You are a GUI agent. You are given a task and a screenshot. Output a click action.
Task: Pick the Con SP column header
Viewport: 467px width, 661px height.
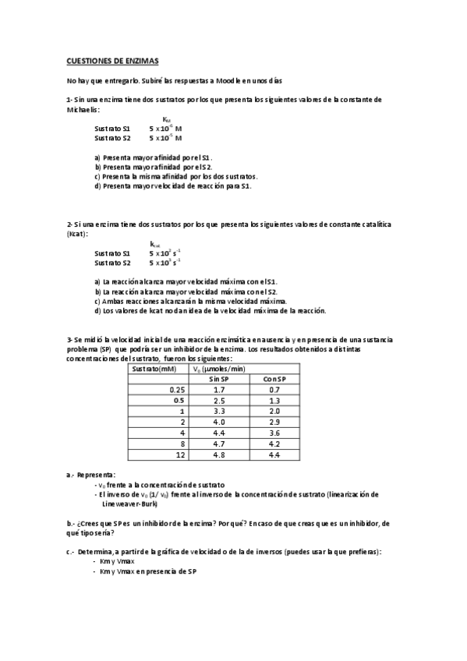coord(274,379)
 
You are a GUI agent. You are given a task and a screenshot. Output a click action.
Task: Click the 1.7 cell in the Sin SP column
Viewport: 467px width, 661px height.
coord(219,389)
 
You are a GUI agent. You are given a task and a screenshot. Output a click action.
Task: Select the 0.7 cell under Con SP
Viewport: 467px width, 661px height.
coord(274,389)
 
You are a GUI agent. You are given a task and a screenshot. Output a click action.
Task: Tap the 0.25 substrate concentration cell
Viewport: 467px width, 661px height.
coord(177,389)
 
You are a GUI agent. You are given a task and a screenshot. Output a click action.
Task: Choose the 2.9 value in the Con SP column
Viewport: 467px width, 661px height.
coord(274,422)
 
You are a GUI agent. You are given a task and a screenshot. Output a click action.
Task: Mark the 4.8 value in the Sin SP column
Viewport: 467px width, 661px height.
coord(219,454)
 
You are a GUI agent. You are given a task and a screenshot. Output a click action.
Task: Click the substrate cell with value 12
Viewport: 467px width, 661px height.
coord(180,454)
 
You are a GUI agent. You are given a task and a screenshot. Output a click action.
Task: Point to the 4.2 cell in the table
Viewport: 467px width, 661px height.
coord(274,444)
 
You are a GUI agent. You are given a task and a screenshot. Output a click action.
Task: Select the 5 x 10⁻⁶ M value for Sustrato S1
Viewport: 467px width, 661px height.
coord(166,129)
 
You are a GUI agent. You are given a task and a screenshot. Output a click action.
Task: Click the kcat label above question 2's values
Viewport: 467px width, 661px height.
coord(155,243)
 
